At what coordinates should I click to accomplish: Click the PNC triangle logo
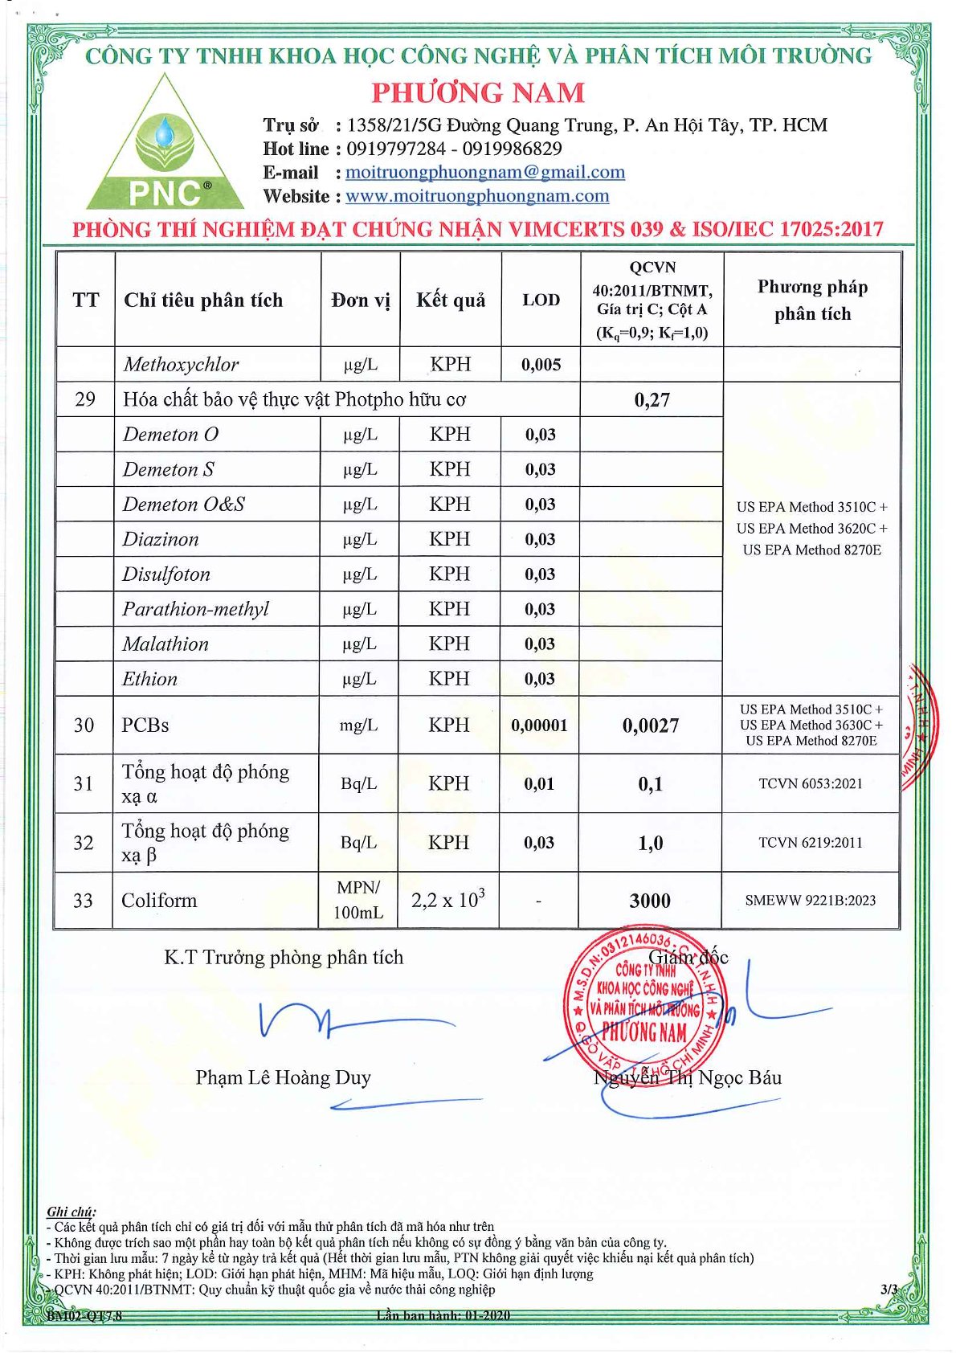[165, 149]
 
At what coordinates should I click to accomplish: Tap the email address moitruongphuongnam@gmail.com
[484, 172]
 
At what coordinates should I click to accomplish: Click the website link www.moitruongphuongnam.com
[476, 196]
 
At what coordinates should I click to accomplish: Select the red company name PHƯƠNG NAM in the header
[478, 92]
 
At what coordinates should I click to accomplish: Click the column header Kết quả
[451, 300]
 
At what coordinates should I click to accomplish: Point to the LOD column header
[541, 300]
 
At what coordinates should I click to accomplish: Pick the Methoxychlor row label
[181, 365]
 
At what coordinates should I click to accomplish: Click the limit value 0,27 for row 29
[652, 400]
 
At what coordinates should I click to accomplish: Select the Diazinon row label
[161, 539]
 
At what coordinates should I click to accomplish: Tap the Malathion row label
[165, 644]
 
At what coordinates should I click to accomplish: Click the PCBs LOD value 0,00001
[539, 726]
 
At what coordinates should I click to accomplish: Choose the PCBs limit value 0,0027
[651, 726]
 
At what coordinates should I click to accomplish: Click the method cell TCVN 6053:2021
[811, 783]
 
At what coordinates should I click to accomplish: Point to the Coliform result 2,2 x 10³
[448, 900]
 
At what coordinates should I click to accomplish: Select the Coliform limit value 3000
[650, 901]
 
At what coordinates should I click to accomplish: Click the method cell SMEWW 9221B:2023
[811, 901]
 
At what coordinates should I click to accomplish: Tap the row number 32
[84, 843]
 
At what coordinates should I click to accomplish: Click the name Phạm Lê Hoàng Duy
[283, 1077]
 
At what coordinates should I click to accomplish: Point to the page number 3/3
[889, 1290]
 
